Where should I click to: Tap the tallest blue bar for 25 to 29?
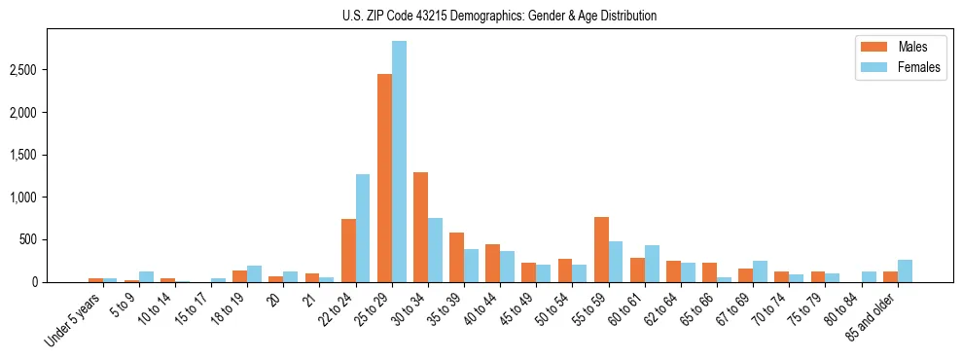[x=399, y=162]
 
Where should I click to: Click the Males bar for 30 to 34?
[x=420, y=228]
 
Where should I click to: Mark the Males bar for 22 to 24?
[x=348, y=251]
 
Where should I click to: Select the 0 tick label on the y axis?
[x=60, y=282]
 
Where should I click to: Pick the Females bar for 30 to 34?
[x=435, y=250]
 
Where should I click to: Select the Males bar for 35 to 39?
[x=456, y=258]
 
